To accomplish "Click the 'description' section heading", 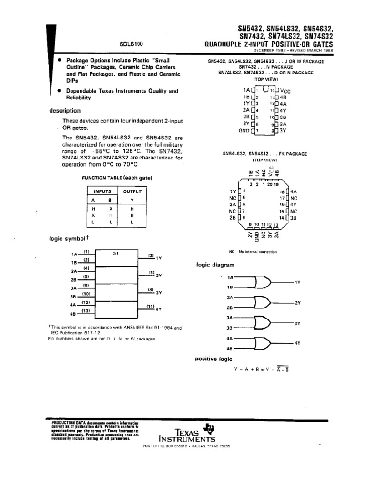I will [65, 111].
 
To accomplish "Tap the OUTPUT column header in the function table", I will [132, 191].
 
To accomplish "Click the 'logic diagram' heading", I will [215, 265].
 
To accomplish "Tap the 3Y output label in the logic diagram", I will [297, 324].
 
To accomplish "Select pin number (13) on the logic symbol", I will [86, 311].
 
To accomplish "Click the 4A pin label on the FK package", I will [294, 191].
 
